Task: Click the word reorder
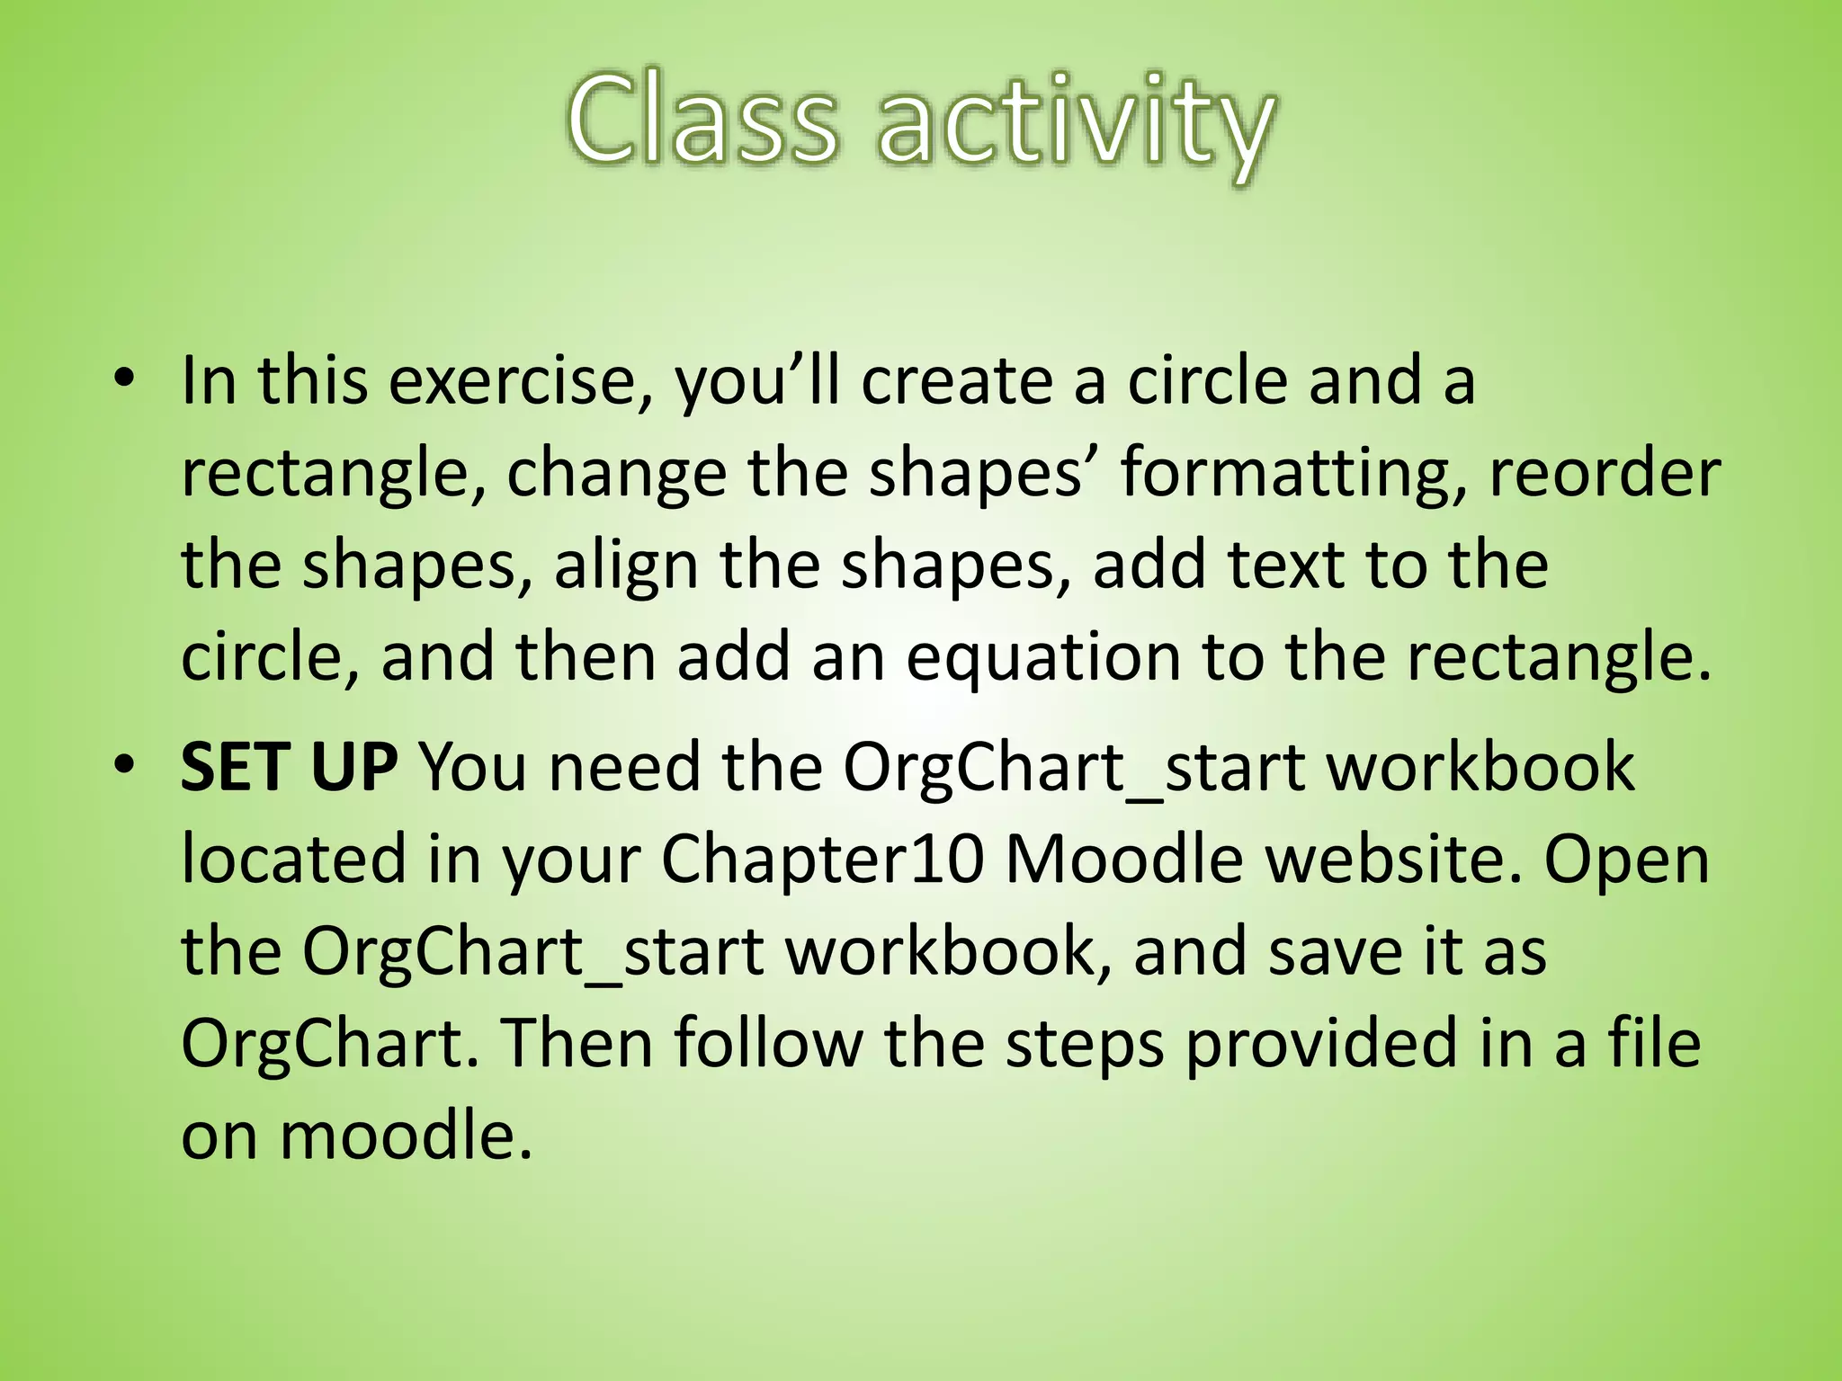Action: tap(1605, 473)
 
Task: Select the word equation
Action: tap(1043, 660)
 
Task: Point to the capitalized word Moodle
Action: tap(1123, 860)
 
